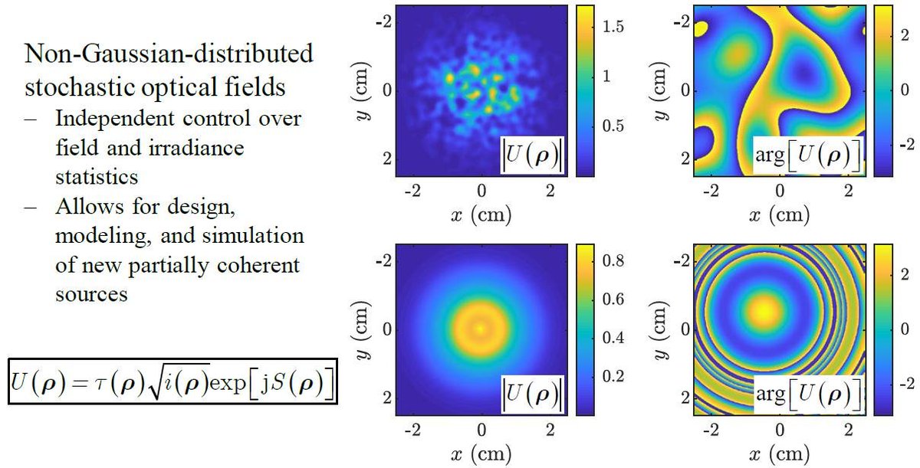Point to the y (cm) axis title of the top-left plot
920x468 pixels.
(x=357, y=90)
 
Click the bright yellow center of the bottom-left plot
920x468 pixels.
(x=480, y=328)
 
